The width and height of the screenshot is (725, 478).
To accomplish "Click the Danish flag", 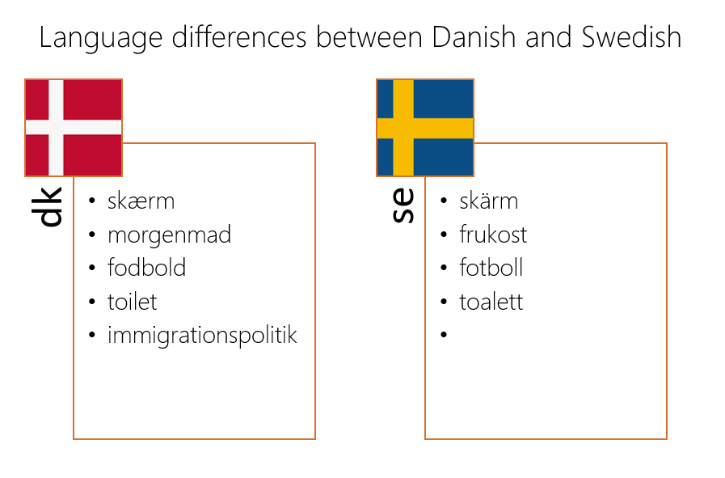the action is pyautogui.click(x=74, y=128).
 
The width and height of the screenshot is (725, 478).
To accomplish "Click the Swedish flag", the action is pyautogui.click(x=425, y=128).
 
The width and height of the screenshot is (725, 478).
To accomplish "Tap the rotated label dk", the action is pyautogui.click(x=47, y=207).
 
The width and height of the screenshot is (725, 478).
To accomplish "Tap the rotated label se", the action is pyautogui.click(x=403, y=205).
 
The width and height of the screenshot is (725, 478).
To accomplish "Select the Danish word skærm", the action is pyautogui.click(x=141, y=201).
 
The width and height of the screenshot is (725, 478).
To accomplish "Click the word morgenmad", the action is pyautogui.click(x=169, y=235).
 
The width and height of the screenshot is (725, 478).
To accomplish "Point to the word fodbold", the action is pyautogui.click(x=146, y=268).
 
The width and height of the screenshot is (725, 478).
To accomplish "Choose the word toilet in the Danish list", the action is pyautogui.click(x=133, y=302).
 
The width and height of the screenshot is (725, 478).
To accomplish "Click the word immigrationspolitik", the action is pyautogui.click(x=202, y=336).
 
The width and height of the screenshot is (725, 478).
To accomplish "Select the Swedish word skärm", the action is pyautogui.click(x=489, y=201).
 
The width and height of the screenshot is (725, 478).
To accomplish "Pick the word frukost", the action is pyautogui.click(x=493, y=234).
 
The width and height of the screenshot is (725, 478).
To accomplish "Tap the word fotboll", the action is pyautogui.click(x=491, y=268).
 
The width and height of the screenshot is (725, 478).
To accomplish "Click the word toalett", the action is pyautogui.click(x=491, y=302).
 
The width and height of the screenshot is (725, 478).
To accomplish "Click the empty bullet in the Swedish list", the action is pyautogui.click(x=444, y=334).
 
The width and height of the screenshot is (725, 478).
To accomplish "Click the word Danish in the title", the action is pyautogui.click(x=474, y=37).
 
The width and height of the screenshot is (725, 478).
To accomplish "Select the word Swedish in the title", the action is pyautogui.click(x=631, y=37).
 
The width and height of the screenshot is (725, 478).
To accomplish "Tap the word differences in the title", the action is pyautogui.click(x=239, y=37).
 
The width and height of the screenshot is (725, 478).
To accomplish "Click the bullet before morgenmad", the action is pyautogui.click(x=92, y=235).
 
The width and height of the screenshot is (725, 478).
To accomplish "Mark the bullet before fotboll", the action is pyautogui.click(x=444, y=268).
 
